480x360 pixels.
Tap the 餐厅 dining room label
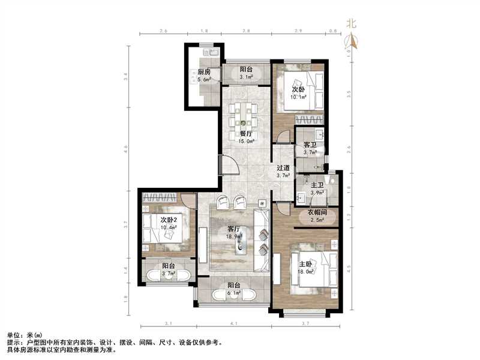[x=245, y=134]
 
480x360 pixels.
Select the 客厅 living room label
[x=235, y=229]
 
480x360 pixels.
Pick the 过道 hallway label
[x=283, y=168]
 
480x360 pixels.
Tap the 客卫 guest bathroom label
[x=310, y=145]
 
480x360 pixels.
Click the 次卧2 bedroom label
[x=169, y=220]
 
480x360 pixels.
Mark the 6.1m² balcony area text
[x=233, y=293]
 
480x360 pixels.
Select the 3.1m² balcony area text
[x=247, y=77]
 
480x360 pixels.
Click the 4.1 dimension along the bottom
[x=233, y=324]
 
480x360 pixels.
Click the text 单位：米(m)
[x=25, y=335]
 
